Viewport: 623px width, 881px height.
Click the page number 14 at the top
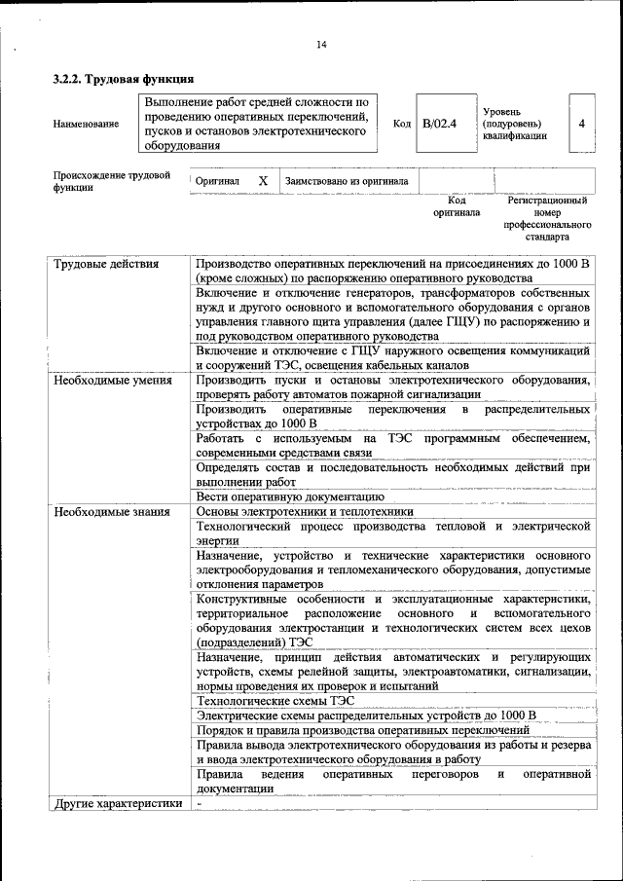pos(321,45)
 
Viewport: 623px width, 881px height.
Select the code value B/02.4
pos(440,124)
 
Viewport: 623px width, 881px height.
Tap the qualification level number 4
pos(581,124)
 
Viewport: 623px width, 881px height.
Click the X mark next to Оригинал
pos(262,181)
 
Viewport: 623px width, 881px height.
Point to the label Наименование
pos(87,124)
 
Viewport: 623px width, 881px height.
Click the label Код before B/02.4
pos(401,124)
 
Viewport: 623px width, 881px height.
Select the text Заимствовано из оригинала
pos(347,181)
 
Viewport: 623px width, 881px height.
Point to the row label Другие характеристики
pos(118,803)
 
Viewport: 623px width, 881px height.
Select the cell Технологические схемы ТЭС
pos(275,700)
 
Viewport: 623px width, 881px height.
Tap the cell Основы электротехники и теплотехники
pos(305,511)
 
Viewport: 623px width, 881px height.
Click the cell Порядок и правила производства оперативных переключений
pos(362,729)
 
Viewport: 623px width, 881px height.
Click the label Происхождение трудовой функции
pos(105,181)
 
